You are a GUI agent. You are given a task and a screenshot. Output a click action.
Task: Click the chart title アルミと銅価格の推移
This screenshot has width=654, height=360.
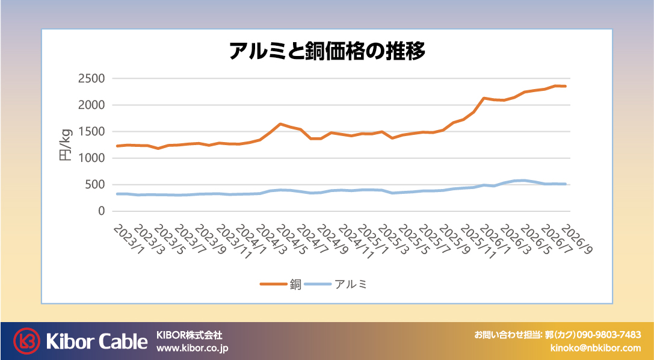tap(327, 51)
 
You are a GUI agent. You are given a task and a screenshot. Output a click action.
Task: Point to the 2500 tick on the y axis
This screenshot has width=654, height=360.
tap(91, 78)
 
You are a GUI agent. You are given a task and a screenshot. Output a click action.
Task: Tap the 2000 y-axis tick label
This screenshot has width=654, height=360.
tap(91, 105)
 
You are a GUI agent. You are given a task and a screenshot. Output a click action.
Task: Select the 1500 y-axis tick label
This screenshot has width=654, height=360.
tap(91, 131)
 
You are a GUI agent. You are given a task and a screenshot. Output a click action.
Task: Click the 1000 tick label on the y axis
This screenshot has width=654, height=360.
tap(91, 158)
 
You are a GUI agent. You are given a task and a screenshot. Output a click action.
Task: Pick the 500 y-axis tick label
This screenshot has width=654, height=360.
tap(95, 185)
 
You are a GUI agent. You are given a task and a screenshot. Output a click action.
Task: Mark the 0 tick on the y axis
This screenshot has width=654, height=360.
tap(101, 211)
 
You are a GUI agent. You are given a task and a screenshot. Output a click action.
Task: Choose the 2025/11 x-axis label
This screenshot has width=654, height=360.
tap(475, 241)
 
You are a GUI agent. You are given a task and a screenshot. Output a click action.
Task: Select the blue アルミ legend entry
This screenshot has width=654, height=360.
tap(336, 284)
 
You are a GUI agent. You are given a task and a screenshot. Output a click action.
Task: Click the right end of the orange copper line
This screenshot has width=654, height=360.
tap(566, 86)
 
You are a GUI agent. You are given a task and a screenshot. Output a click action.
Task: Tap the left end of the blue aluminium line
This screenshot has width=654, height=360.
tap(117, 194)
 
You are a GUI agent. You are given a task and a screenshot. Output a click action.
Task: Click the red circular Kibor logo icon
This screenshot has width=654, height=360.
tap(26, 341)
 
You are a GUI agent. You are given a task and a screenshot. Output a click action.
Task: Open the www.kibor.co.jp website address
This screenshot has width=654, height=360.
tap(193, 348)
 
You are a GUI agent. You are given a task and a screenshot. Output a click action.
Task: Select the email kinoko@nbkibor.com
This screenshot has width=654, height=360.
tap(596, 348)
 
